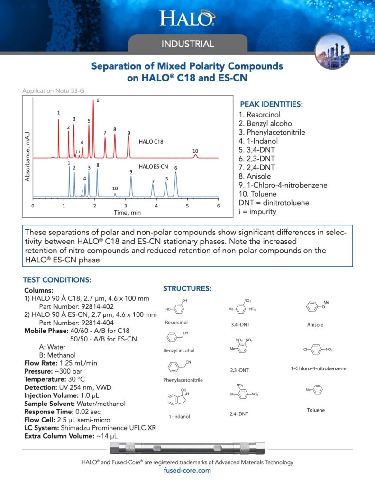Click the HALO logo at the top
187,18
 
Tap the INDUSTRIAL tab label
188,44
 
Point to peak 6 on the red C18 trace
93,102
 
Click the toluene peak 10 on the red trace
195,155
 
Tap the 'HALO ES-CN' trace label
154,167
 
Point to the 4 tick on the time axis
156,206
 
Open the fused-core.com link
187,471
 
